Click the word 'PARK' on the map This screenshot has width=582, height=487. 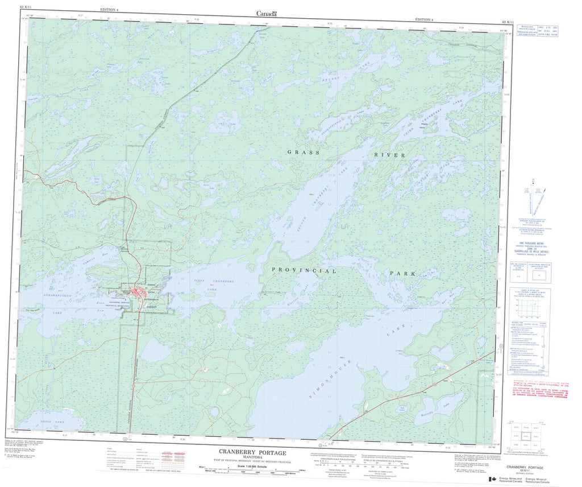[x=402, y=274]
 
